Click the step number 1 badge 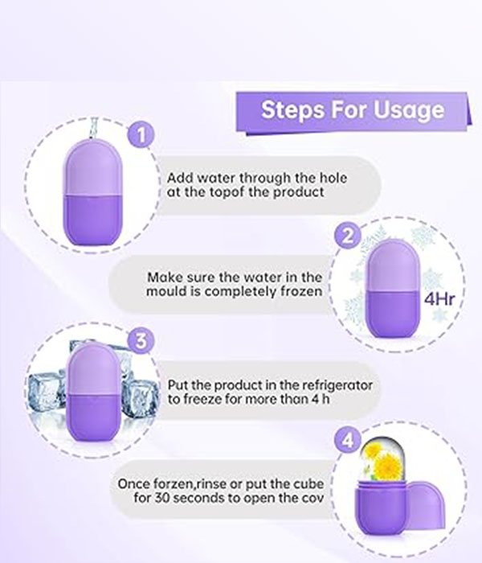[141, 134]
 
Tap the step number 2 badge [348, 235]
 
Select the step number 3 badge [141, 340]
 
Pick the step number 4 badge [347, 440]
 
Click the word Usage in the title [408, 110]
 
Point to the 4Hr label [439, 298]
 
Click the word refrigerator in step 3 [337, 385]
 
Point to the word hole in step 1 [333, 178]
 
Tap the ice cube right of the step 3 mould [140, 399]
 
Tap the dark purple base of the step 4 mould [381, 508]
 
